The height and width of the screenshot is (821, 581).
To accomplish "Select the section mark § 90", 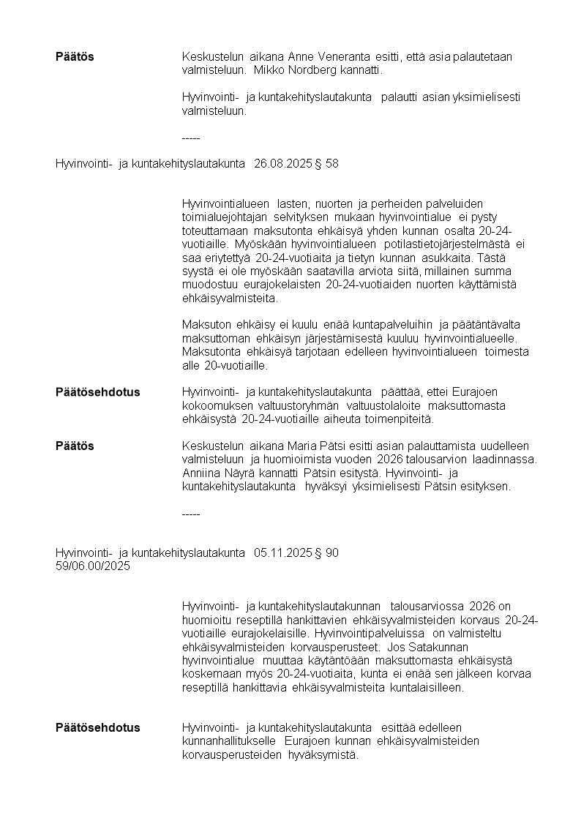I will point(326,553).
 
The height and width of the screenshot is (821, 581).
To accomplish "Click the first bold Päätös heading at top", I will point(75,57).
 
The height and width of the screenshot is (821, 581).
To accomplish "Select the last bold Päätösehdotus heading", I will point(97,728).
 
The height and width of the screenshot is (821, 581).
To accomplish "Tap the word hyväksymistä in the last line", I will point(322,754).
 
